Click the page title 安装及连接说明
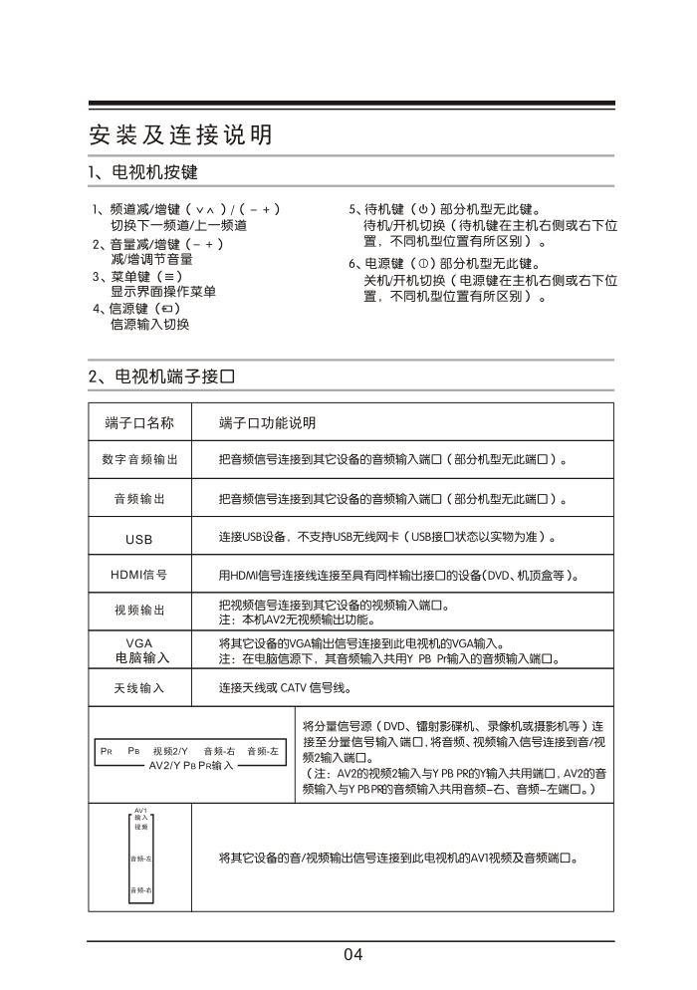click(x=180, y=134)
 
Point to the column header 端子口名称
click(x=139, y=423)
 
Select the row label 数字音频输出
click(x=139, y=460)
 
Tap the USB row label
click(x=139, y=538)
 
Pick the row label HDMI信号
click(x=139, y=575)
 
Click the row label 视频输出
click(x=139, y=610)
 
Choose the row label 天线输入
click(x=139, y=688)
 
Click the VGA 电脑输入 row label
click(x=139, y=650)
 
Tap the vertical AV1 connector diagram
click(x=140, y=856)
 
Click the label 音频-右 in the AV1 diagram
click(x=140, y=889)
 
